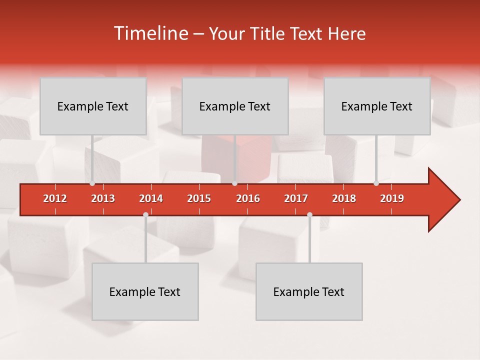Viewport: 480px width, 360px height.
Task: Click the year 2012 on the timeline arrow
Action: [x=55, y=198]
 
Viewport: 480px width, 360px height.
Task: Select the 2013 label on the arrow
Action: [x=103, y=198]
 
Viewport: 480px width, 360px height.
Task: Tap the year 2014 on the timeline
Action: [x=151, y=198]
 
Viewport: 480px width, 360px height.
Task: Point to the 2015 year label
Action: [x=199, y=198]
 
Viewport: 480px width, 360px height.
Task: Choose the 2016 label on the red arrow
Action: [x=248, y=198]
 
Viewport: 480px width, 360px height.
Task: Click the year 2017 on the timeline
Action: [x=296, y=198]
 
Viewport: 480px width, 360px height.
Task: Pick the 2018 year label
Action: [x=344, y=198]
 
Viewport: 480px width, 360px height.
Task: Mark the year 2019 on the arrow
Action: [x=392, y=198]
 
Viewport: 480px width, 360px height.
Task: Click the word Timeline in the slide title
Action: [x=150, y=33]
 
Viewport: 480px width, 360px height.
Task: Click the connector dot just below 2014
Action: [x=145, y=214]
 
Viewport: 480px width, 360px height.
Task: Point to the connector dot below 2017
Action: [x=309, y=214]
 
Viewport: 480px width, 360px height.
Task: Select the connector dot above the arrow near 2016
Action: [x=234, y=183]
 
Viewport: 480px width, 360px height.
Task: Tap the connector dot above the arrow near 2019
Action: [x=376, y=183]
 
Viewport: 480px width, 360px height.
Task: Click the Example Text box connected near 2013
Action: [x=93, y=106]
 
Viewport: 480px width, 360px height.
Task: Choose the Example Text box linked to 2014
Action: [x=145, y=291]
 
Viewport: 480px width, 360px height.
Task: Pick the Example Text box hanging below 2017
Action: [x=309, y=291]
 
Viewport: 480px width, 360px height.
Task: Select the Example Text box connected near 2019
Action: [x=377, y=106]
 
